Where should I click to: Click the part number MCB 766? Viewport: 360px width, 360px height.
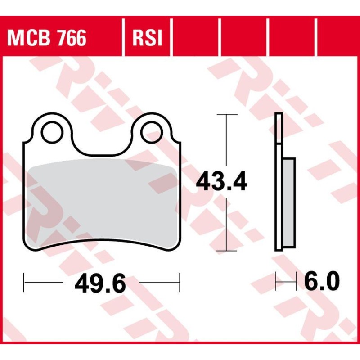tap(47, 38)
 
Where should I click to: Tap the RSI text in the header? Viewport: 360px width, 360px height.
tap(147, 38)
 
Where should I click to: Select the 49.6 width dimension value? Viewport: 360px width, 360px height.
tap(100, 283)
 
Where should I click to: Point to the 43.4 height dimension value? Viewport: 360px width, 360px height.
tap(221, 182)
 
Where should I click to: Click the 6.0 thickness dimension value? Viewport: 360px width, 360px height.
tap(322, 280)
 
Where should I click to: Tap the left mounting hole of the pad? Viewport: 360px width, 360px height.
tap(52, 132)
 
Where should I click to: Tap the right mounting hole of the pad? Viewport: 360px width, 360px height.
tap(152, 132)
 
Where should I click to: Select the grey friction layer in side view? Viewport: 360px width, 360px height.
tap(289, 203)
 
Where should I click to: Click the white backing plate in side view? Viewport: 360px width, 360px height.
tap(279, 182)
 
